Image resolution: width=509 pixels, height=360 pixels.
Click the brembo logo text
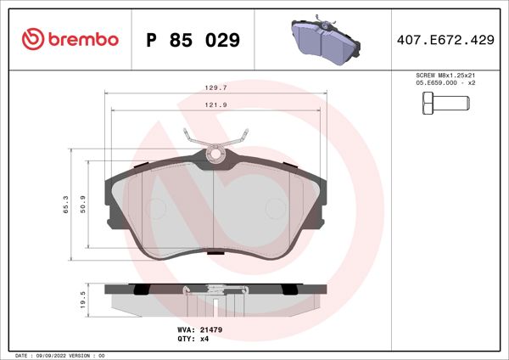81,40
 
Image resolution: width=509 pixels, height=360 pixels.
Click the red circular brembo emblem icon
32,40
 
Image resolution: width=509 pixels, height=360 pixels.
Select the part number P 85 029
193,40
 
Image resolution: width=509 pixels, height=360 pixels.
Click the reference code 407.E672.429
445,40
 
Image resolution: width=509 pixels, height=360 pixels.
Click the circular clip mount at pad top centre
215,155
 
